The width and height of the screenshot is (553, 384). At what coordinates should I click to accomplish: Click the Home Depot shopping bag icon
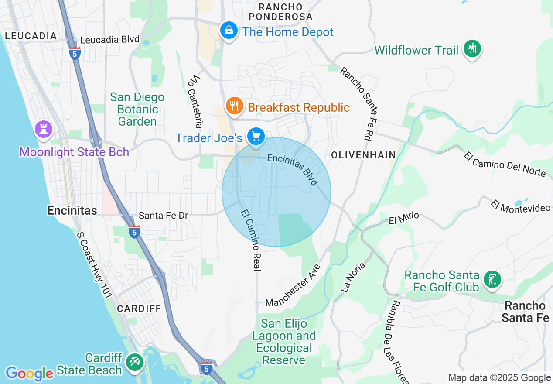click(228, 31)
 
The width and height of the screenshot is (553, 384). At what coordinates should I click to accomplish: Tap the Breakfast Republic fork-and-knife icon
click(235, 106)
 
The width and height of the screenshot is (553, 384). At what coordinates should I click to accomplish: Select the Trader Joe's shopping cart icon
click(256, 137)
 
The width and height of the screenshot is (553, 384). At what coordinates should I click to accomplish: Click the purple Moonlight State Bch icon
click(44, 129)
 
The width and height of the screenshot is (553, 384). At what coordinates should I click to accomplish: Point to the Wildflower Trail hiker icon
click(472, 48)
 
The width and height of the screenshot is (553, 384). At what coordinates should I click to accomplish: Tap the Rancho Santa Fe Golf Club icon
click(492, 279)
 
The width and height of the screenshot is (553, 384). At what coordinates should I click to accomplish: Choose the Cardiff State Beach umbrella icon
click(134, 362)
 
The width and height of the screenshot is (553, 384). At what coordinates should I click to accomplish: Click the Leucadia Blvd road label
click(110, 40)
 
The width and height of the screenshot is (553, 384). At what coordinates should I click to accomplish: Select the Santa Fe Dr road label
click(164, 216)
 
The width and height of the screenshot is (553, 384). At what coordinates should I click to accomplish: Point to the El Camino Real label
click(251, 240)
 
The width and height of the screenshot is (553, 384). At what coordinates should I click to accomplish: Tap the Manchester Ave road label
click(293, 285)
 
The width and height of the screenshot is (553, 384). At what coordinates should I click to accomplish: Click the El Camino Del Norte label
click(505, 164)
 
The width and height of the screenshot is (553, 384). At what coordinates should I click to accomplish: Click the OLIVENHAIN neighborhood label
click(363, 155)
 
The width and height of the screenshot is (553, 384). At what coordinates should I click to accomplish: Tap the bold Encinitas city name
click(72, 211)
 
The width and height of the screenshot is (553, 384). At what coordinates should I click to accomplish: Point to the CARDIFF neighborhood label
click(139, 309)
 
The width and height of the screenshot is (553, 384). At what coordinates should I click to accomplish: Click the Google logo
click(29, 374)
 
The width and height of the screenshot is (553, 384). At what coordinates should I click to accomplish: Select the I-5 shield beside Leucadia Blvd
click(75, 53)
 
